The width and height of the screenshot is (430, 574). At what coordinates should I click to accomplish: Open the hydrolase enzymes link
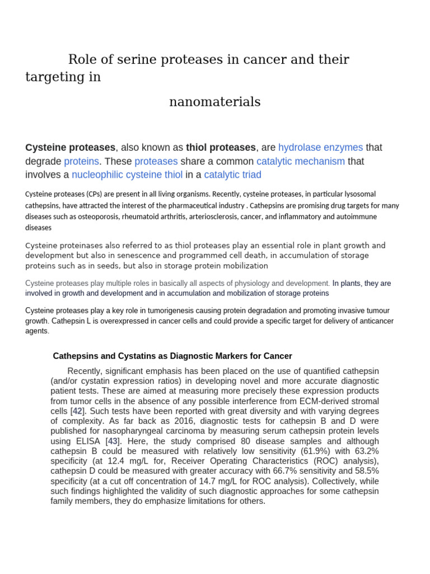pos(320,147)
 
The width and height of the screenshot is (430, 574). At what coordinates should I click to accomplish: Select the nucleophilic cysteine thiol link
pos(127,175)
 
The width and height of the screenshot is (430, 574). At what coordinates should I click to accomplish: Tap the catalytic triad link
pos(232,175)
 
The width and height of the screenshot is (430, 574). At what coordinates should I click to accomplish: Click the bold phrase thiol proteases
pos(221,147)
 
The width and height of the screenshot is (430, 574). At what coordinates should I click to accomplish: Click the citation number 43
pos(113,441)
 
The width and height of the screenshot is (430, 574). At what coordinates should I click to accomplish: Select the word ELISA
pos(90,441)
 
